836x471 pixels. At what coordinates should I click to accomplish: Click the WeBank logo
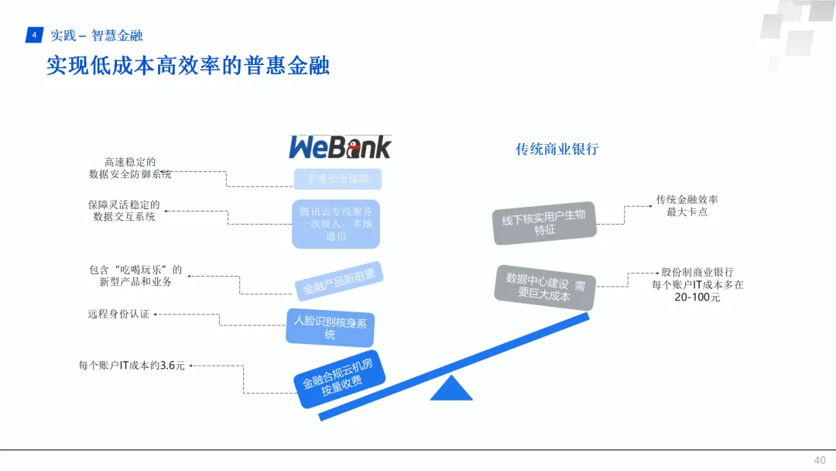(340, 146)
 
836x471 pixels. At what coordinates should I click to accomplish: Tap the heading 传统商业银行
(557, 150)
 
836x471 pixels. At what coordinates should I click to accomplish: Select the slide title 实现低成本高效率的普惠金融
(188, 65)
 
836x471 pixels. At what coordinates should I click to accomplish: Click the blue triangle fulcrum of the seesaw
(451, 389)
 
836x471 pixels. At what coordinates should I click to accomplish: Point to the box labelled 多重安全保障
(337, 179)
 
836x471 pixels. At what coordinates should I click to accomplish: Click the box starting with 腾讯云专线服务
(336, 223)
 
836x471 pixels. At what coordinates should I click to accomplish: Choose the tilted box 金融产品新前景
(339, 281)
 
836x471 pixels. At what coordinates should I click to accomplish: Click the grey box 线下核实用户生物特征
(544, 222)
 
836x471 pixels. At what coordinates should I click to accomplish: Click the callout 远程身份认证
(118, 315)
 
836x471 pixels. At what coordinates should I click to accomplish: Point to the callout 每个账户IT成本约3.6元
(132, 365)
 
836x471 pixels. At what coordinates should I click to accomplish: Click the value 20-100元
(697, 297)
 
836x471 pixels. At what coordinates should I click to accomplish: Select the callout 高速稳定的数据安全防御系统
(130, 168)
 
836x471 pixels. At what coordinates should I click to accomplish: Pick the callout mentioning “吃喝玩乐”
(135, 276)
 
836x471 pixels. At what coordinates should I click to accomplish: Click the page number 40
(819, 460)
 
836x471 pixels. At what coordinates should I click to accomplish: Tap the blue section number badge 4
(34, 36)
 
